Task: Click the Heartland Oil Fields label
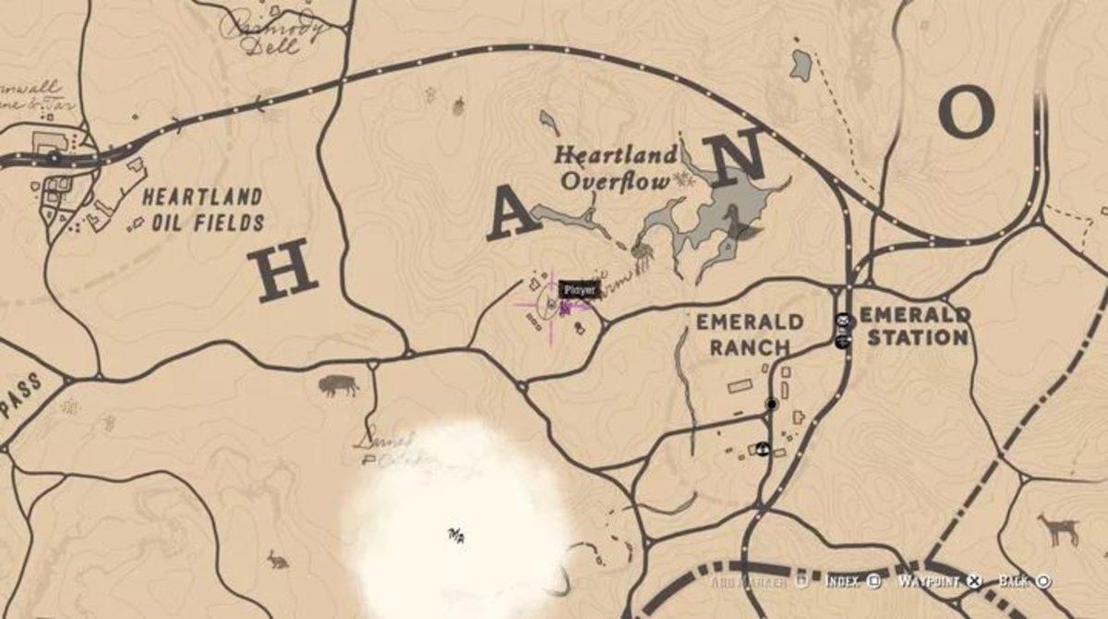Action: coord(202,210)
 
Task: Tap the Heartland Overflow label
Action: coord(615,167)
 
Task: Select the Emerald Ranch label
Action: coord(749,334)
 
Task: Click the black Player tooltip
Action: coord(581,290)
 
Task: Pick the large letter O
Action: coord(966,113)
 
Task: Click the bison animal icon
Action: coord(337,385)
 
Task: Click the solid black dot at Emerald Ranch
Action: coord(772,404)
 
